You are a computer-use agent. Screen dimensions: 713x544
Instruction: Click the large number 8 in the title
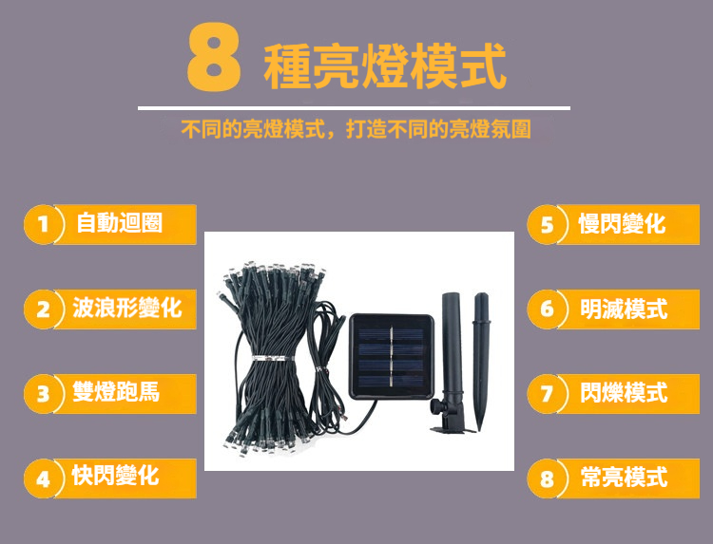point(214,57)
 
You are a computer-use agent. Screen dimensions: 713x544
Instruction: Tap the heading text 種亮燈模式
point(385,66)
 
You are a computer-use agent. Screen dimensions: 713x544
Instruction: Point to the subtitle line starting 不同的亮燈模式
point(356,129)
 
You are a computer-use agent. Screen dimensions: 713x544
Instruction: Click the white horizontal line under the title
point(354,108)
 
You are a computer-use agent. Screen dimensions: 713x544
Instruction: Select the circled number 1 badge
point(44,224)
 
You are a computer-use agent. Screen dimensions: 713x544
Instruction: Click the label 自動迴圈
point(119,222)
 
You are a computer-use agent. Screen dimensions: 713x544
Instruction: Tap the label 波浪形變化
point(127,308)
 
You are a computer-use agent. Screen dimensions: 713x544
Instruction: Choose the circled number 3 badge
point(44,394)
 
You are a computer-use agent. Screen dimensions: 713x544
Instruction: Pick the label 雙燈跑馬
point(116,391)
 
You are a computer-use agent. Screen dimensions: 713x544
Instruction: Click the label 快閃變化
point(115,476)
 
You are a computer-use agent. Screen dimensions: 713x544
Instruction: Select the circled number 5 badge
point(547,224)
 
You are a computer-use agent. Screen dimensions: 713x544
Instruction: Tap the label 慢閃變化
point(622,223)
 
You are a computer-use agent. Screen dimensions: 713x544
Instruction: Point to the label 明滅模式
point(624,309)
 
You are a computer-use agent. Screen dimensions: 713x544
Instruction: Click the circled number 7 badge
point(547,394)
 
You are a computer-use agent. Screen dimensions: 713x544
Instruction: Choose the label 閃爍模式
point(624,392)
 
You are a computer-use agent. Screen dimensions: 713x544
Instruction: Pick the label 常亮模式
point(624,477)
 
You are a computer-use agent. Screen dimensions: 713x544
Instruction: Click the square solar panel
point(392,356)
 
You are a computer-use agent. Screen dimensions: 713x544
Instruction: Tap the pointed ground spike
point(481,361)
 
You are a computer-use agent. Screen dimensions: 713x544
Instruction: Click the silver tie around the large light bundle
point(273,359)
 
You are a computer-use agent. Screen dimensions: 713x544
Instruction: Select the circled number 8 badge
point(547,478)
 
